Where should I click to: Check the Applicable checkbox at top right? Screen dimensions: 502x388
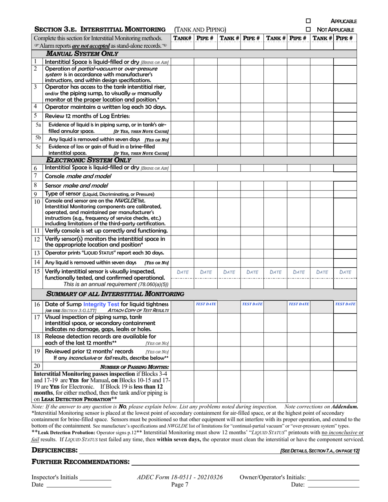click(308, 21)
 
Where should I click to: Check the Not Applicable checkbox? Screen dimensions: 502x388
click(308, 29)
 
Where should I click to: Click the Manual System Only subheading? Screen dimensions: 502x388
click(82, 53)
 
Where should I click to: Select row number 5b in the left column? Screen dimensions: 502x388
click(38, 138)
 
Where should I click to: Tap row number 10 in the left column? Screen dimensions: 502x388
click(37, 202)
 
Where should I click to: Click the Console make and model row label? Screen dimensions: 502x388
click(78, 176)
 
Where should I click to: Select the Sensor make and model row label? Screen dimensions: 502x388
click(76, 185)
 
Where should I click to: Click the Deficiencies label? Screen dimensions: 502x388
click(55, 450)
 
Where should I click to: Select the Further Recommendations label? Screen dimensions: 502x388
click(80, 462)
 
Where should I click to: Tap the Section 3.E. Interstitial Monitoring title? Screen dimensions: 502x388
click(100, 29)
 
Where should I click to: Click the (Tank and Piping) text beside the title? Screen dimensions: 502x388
click(200, 29)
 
